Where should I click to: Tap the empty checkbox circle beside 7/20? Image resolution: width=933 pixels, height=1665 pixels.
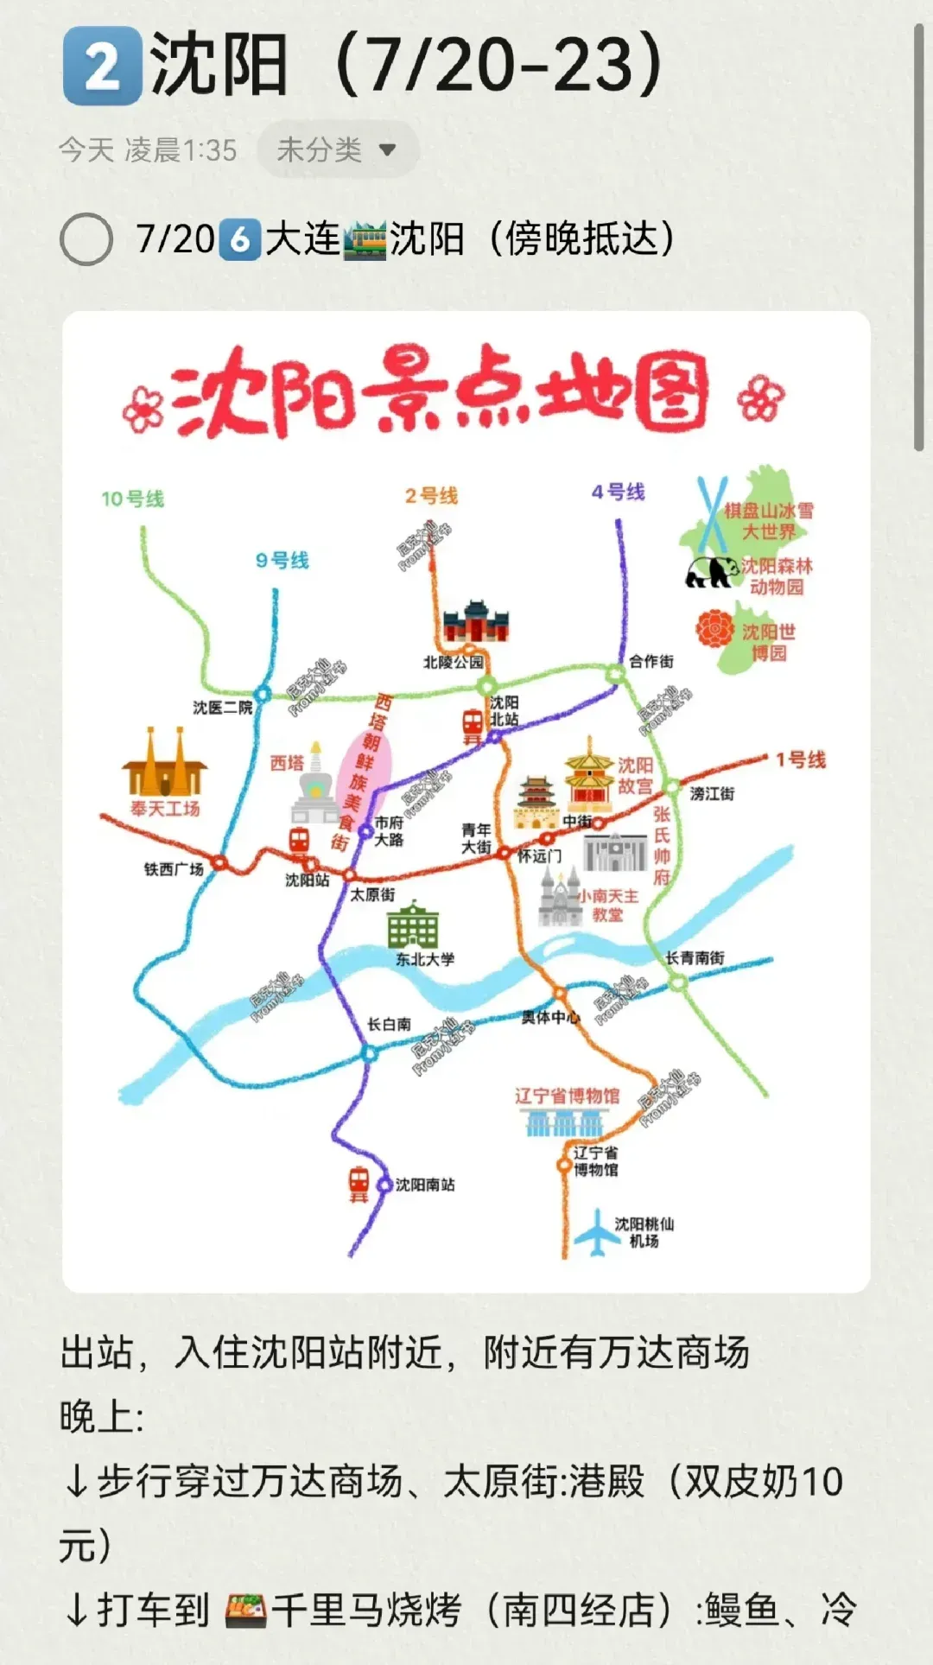click(x=86, y=239)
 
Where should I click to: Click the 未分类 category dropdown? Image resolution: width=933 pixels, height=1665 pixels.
click(x=337, y=149)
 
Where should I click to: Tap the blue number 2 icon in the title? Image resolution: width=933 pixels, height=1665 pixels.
click(x=102, y=66)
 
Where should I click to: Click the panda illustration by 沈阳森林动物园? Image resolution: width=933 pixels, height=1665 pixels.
click(x=711, y=571)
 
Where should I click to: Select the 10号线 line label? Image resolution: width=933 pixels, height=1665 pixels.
click(x=132, y=499)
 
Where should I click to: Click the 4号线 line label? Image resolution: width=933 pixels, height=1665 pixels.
click(x=618, y=492)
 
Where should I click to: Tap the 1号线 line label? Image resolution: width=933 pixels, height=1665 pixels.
click(x=800, y=759)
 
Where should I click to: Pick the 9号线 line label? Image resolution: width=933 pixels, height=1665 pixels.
click(x=282, y=560)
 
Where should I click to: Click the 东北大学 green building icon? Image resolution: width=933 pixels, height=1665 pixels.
click(x=413, y=925)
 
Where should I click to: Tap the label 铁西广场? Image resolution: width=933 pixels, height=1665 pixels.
click(x=174, y=868)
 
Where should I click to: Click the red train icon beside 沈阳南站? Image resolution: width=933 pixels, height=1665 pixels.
click(x=359, y=1183)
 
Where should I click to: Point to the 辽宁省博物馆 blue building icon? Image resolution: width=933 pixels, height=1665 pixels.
click(x=565, y=1123)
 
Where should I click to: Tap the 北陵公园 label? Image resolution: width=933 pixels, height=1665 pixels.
click(x=453, y=662)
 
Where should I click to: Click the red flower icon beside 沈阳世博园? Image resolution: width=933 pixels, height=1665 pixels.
click(x=715, y=629)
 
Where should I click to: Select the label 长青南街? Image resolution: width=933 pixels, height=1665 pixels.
click(x=695, y=957)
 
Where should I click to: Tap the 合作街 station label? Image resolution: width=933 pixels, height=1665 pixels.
click(x=651, y=661)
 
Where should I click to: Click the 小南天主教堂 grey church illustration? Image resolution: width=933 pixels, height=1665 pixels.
click(x=560, y=898)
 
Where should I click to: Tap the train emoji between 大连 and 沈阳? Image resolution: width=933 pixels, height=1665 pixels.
click(x=365, y=239)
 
